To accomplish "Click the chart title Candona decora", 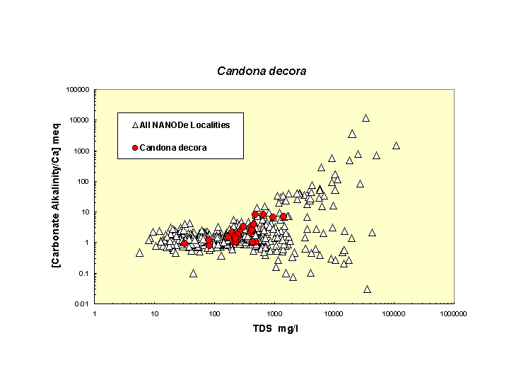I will pos(261,71).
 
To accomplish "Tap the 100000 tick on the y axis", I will pos(76,90).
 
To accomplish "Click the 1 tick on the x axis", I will pos(95,314).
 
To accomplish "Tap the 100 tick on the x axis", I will pos(214,314).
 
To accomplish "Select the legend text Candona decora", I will pos(173,148).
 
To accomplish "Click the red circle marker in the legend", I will pos(134,148).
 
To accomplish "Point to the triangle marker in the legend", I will pos(134,125).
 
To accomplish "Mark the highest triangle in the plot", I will pos(365,118).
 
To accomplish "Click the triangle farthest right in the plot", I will pos(396,145).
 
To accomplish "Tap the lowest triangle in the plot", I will pos(367,289).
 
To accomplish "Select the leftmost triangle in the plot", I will pos(139,253).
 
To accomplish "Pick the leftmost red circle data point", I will pos(185,243).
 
